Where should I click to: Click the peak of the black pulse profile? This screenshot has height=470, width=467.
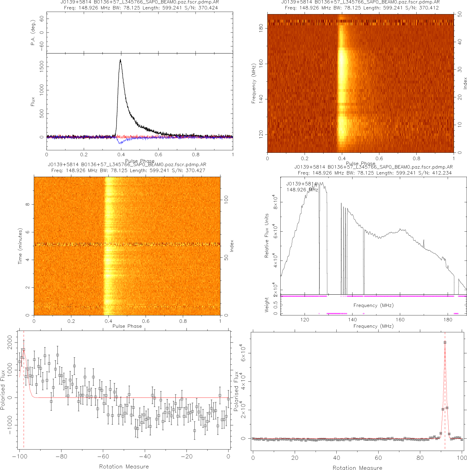[x=120, y=60]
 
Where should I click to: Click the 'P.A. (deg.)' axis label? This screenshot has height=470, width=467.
[x=33, y=32]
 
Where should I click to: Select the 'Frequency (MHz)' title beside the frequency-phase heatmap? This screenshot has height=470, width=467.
[x=254, y=83]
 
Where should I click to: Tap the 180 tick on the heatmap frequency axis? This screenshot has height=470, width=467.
[x=261, y=28]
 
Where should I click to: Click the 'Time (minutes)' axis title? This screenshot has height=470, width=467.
[x=20, y=246]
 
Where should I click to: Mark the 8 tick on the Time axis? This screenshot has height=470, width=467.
[x=27, y=204]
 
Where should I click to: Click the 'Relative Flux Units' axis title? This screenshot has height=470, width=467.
[x=267, y=236]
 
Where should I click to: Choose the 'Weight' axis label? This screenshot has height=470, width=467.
[x=267, y=305]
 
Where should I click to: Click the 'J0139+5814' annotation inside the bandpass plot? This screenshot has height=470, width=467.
[x=301, y=184]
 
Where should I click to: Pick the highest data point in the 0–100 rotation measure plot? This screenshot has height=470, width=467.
[x=445, y=342]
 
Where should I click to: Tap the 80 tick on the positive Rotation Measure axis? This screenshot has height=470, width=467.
[x=420, y=458]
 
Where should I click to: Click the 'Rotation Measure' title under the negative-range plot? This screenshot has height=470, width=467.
[x=124, y=466]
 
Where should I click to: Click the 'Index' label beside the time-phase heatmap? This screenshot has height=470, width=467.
[x=231, y=246]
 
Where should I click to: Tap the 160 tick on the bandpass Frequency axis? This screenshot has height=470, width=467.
[x=400, y=320]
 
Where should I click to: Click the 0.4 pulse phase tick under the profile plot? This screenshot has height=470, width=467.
[x=121, y=154]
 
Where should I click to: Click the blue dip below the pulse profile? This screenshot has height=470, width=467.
[x=120, y=143]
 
